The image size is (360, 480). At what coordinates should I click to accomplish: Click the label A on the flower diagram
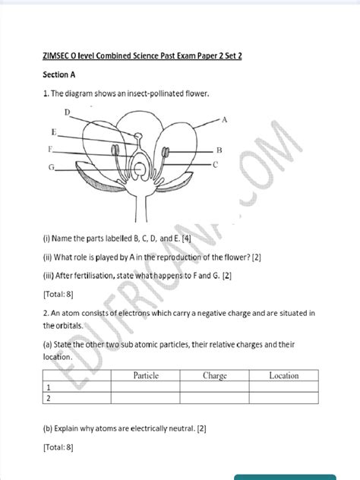click(x=225, y=120)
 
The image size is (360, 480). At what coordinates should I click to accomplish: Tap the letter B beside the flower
click(x=219, y=150)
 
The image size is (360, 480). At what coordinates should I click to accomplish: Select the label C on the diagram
click(x=216, y=164)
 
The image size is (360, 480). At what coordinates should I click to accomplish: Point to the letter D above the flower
click(x=68, y=112)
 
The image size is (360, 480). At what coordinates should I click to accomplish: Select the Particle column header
click(x=145, y=375)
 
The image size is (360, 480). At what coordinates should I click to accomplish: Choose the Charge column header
click(x=215, y=375)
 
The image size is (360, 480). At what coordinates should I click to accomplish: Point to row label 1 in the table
click(x=47, y=387)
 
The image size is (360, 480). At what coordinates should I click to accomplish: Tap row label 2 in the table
click(x=47, y=398)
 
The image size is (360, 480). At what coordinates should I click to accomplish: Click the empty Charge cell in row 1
click(x=215, y=387)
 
